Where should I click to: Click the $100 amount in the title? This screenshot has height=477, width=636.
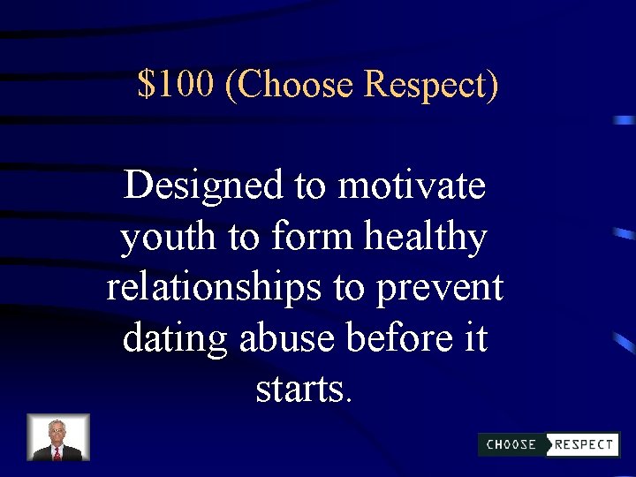[176, 85]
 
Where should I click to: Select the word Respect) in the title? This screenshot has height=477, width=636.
[431, 86]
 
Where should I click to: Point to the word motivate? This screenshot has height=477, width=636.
[412, 186]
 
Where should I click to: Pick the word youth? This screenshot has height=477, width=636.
[155, 238]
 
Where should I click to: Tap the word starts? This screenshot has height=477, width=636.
[303, 390]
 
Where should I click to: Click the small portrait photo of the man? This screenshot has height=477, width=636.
[58, 437]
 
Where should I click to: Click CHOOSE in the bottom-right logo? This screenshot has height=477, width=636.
[511, 444]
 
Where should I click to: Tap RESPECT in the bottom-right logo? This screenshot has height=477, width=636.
[584, 444]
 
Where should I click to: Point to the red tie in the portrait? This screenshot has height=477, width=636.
[57, 452]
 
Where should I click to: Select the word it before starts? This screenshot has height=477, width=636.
[475, 339]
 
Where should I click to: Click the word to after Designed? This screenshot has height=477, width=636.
[309, 186]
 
